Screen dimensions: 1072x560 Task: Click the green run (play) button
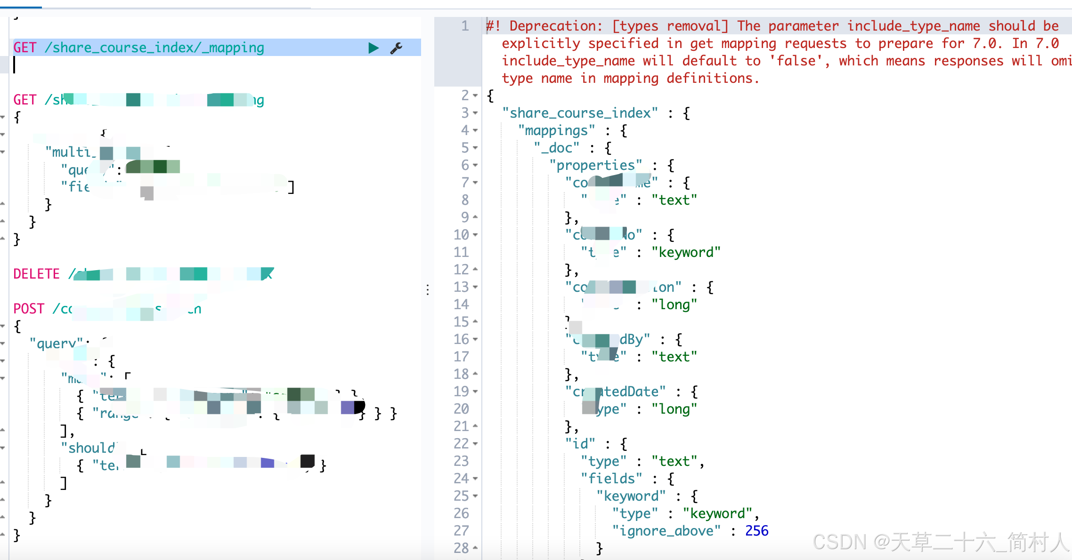click(x=373, y=48)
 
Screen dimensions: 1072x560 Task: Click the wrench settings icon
click(x=396, y=48)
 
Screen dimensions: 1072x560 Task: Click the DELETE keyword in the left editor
click(x=36, y=274)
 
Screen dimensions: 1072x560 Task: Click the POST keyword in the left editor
click(x=28, y=309)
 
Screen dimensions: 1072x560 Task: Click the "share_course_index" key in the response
click(x=580, y=113)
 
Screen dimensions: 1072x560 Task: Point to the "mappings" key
click(x=556, y=131)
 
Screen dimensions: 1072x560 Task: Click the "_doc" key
click(x=556, y=148)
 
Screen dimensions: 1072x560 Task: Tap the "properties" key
click(x=595, y=166)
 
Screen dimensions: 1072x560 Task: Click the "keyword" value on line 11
click(x=686, y=253)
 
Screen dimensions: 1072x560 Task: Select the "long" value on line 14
click(x=674, y=305)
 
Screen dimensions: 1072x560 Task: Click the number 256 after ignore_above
click(x=756, y=531)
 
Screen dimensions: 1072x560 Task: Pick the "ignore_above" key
click(x=666, y=531)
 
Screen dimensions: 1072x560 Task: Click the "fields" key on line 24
click(x=611, y=479)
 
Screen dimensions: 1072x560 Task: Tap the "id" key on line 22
click(x=580, y=444)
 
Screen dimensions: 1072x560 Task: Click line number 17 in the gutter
click(x=462, y=357)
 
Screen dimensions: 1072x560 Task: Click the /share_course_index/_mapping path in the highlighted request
click(x=154, y=48)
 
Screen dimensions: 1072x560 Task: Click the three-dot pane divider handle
click(x=428, y=290)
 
